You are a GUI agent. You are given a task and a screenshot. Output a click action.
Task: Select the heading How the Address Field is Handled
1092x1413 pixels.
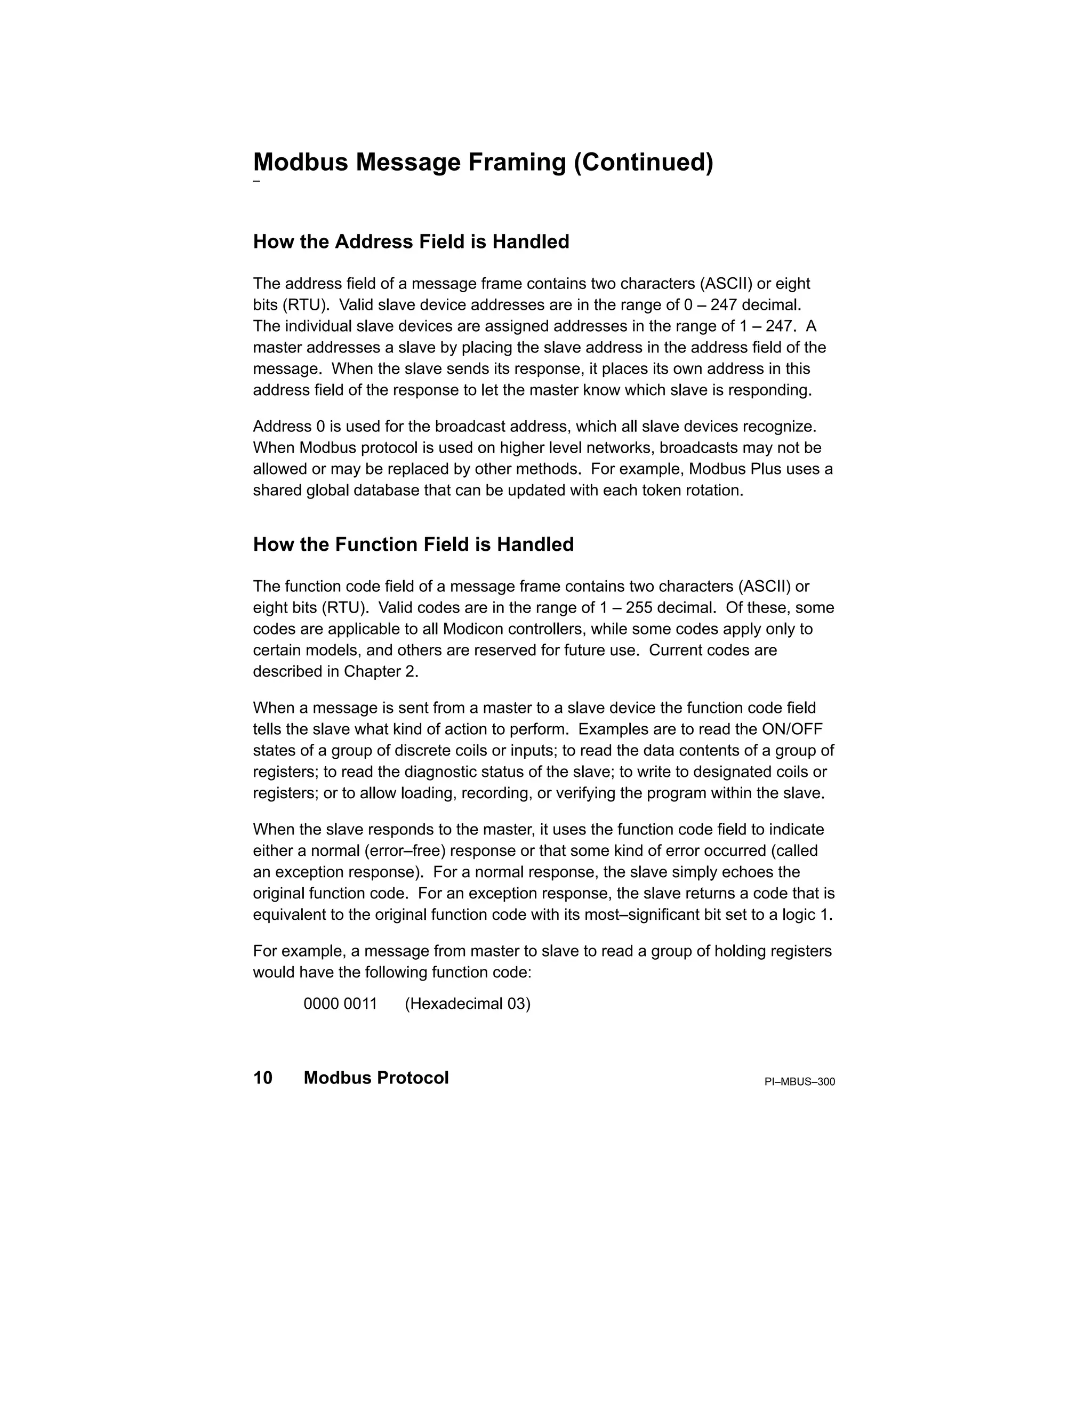[411, 242]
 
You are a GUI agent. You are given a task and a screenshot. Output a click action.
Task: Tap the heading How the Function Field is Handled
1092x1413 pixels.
[413, 545]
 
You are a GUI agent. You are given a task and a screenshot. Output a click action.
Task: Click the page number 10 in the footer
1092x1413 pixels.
[263, 1078]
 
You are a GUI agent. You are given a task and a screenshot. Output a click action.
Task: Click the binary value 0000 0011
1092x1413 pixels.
[340, 1004]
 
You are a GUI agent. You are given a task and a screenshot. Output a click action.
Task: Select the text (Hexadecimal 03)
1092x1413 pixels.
[467, 1004]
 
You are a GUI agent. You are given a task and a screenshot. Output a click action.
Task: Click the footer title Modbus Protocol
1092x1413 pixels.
[376, 1078]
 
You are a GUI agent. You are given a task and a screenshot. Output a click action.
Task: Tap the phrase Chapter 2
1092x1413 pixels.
[381, 671]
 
